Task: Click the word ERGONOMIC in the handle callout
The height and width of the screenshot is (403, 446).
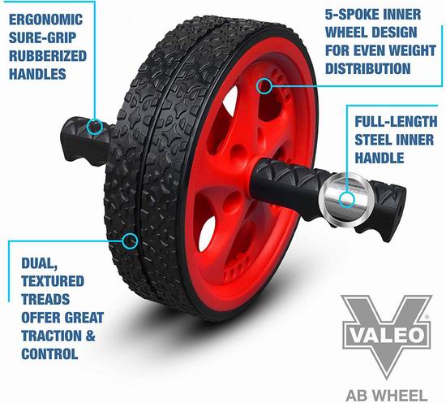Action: [45, 19]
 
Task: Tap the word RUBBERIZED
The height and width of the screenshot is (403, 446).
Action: [48, 56]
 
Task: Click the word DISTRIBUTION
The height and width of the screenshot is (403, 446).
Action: [368, 69]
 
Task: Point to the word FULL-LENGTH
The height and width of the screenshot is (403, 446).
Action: [396, 122]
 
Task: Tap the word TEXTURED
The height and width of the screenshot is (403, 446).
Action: [53, 281]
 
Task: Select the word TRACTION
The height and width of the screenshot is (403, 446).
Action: [51, 336]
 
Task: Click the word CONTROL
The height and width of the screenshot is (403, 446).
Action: [49, 353]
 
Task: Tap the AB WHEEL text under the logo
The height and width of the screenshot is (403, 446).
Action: [387, 396]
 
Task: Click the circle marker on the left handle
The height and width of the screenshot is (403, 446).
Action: [95, 126]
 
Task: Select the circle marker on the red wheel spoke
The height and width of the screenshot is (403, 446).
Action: [264, 86]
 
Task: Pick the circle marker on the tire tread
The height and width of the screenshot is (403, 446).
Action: [131, 240]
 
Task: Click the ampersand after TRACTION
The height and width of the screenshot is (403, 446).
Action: [90, 336]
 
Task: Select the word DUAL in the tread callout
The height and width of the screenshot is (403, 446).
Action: [39, 263]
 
